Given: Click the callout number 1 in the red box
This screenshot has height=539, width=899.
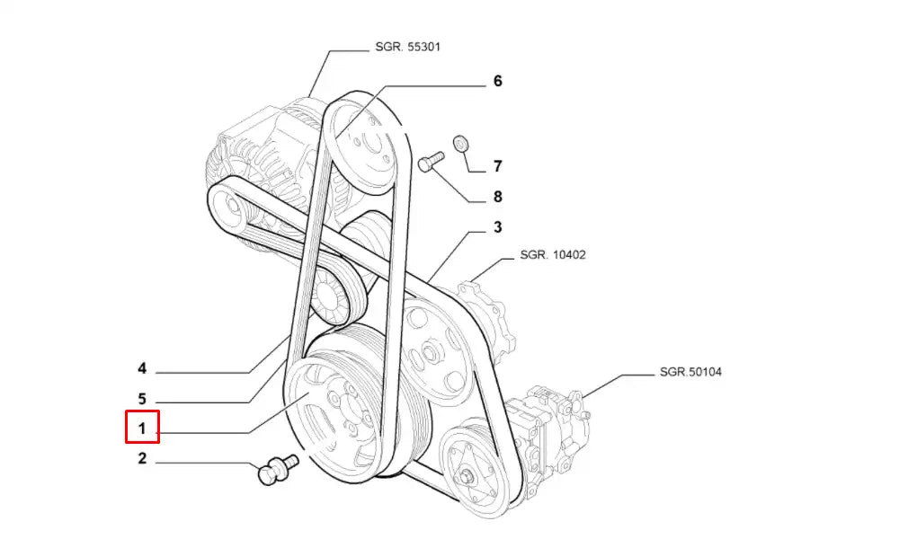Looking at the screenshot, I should [x=142, y=428].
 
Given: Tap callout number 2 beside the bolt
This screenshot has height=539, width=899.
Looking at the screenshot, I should [x=142, y=460].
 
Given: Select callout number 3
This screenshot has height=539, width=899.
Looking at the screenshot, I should [x=497, y=227].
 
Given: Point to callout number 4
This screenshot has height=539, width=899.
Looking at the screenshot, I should [x=142, y=368].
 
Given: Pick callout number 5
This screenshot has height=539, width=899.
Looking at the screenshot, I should [x=142, y=398].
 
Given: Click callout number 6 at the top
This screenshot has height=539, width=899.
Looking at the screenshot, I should [x=497, y=81].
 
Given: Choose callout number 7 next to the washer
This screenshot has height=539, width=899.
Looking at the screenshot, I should [x=497, y=166].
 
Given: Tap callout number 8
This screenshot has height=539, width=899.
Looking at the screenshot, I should [x=497, y=197].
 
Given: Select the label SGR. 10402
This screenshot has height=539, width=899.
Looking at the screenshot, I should [x=553, y=255].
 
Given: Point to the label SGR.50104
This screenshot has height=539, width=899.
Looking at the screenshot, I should [x=690, y=370].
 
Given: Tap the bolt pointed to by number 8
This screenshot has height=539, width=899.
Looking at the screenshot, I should [x=431, y=163].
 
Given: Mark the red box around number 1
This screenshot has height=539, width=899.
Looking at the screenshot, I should [x=142, y=427].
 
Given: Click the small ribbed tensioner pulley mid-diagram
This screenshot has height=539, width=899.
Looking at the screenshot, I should [x=334, y=296].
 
